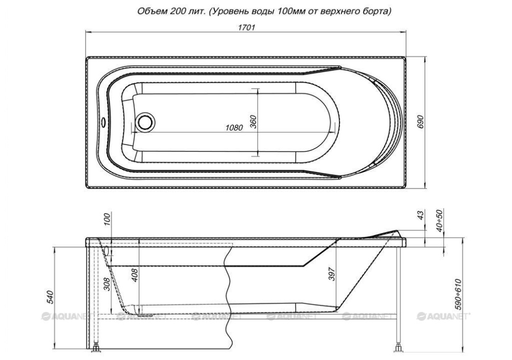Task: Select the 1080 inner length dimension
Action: pyautogui.click(x=234, y=128)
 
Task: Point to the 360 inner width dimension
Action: pyautogui.click(x=253, y=121)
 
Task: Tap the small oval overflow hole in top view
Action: pyautogui.click(x=104, y=123)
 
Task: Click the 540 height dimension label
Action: pyautogui.click(x=50, y=297)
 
